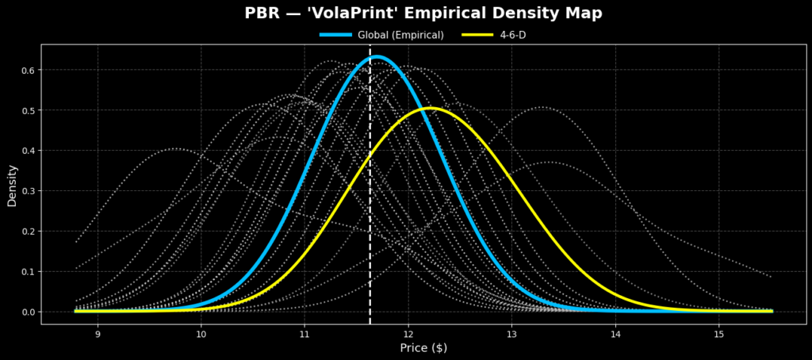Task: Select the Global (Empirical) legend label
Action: tap(400, 35)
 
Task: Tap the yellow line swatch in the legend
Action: tap(475, 35)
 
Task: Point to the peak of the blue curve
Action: tap(377, 57)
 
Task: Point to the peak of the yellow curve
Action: tap(430, 108)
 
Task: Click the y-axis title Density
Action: tap(12, 185)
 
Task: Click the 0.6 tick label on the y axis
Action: tap(28, 70)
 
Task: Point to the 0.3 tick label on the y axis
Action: tap(28, 191)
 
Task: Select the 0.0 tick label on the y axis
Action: tap(28, 312)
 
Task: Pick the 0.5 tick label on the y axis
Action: tap(28, 110)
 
